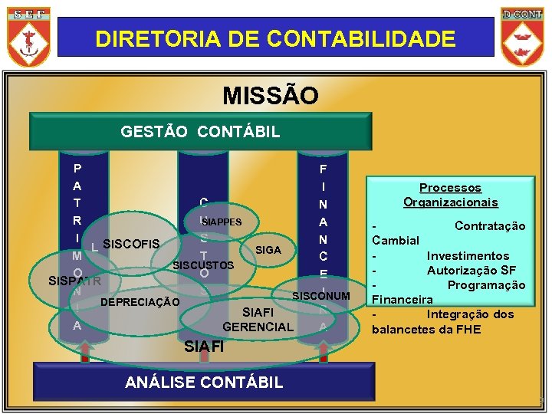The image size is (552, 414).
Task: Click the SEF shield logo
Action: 29,35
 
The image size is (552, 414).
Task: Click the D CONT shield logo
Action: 522,35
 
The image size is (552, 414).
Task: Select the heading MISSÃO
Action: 270,96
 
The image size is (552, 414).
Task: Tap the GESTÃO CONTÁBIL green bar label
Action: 200,132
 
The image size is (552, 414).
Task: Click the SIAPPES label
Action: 222,222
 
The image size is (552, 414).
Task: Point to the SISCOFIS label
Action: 130,245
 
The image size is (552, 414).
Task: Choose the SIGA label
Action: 268,250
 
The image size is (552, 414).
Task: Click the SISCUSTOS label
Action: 203,265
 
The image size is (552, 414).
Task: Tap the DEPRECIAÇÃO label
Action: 140,302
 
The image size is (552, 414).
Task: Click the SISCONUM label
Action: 321,296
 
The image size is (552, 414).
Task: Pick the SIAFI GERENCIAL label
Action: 258,320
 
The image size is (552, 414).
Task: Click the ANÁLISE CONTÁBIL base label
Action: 204,382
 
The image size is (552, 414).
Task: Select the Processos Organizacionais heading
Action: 451,195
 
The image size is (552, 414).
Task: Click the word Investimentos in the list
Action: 468,255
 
